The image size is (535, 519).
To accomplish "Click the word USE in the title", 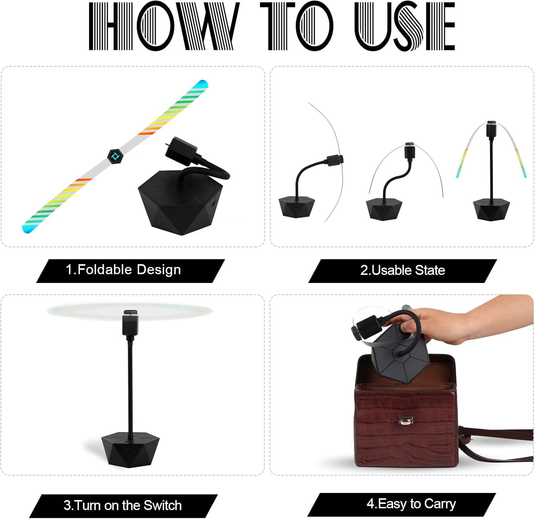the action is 405,26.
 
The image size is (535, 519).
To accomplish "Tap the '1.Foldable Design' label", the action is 123,269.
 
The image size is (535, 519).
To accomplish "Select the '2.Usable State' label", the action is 403,270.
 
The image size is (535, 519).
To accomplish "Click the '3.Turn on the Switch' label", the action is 123,505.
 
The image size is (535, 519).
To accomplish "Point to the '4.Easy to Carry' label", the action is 411,504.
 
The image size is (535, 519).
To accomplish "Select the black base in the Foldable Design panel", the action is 180,203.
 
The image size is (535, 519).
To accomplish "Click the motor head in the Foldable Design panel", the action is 181,151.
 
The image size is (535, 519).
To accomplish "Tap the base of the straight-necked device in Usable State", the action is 491,210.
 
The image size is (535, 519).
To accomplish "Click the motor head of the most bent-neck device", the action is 335,160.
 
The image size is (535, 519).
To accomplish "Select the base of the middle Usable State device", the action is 384,210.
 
